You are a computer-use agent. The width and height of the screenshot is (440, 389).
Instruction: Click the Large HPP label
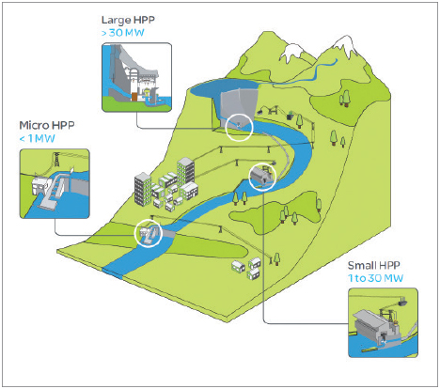click(128, 20)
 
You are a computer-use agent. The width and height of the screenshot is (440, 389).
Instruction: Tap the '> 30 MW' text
click(123, 33)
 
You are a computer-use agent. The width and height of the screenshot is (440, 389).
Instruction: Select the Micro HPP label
click(47, 125)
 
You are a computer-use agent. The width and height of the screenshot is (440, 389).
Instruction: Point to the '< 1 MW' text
click(38, 138)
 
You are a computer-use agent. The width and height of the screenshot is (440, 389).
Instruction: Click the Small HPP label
click(373, 266)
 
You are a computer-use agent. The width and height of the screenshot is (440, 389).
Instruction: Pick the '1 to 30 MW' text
click(375, 278)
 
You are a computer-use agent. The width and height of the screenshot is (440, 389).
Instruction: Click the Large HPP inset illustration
click(137, 77)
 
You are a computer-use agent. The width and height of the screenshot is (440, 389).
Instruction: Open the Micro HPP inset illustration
click(55, 183)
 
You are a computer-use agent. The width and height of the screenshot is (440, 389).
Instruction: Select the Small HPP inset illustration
click(383, 323)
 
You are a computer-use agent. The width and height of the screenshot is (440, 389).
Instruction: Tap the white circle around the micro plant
click(148, 220)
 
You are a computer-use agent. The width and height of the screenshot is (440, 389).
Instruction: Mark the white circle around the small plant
click(262, 163)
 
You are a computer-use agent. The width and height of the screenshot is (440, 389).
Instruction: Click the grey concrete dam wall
click(238, 103)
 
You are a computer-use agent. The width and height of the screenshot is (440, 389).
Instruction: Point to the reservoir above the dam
click(224, 87)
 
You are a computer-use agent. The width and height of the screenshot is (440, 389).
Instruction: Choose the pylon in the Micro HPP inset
click(56, 160)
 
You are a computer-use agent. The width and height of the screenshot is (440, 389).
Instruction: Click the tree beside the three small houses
click(276, 259)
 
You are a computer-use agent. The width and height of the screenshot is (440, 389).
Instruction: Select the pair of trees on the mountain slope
click(345, 98)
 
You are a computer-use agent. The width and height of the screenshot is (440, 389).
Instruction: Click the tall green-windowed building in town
click(186, 172)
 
